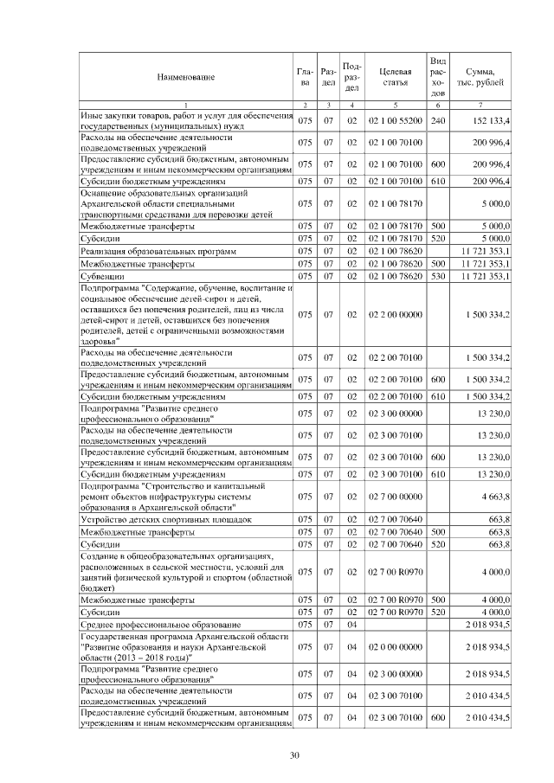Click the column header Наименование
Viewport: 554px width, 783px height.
(x=185, y=77)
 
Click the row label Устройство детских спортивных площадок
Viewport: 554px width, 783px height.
(x=165, y=520)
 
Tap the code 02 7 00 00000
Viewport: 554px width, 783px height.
(x=394, y=497)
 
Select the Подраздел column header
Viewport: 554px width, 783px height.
(x=352, y=76)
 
